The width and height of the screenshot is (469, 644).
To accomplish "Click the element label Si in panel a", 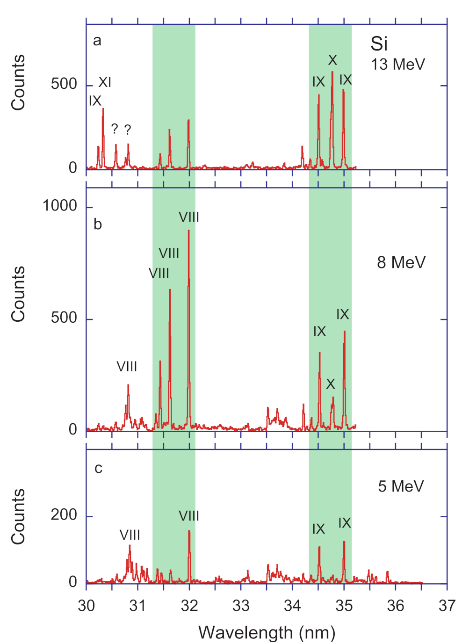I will (x=379, y=44).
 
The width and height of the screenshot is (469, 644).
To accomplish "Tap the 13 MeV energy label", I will (x=398, y=64).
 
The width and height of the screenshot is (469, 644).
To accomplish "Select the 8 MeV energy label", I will (x=401, y=262).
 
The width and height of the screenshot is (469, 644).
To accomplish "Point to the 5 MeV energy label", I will (x=401, y=486).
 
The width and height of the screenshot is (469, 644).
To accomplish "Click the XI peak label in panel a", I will (x=105, y=82).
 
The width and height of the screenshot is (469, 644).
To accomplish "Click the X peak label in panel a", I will (x=332, y=60).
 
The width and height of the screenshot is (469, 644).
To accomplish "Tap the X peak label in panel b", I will (x=331, y=384).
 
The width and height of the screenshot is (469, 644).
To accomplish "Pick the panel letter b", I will (x=97, y=224).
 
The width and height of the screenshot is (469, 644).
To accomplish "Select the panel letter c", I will (x=98, y=468).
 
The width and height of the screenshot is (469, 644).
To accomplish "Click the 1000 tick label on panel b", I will (x=60, y=206).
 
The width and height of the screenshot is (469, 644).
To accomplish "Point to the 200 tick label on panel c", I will (x=64, y=515).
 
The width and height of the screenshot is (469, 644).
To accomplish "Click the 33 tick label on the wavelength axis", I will (x=241, y=606).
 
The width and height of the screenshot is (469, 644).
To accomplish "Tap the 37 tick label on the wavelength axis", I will (x=447, y=606).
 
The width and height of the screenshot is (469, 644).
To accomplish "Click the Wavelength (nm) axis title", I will (x=267, y=633).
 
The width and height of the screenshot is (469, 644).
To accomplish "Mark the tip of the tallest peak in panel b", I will (x=189, y=230).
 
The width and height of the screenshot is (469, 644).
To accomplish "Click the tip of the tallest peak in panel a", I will (x=332, y=72).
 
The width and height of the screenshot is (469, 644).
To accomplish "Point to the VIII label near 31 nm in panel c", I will (x=130, y=535).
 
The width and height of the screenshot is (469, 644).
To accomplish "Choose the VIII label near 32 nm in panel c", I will (x=189, y=516).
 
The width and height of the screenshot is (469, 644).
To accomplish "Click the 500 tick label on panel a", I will (x=64, y=84).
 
